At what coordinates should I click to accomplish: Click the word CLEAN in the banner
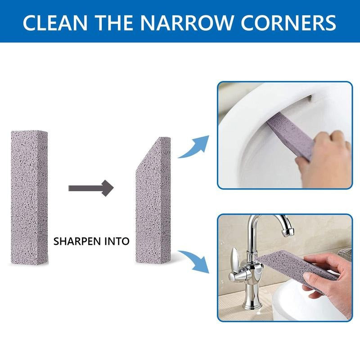(55, 23)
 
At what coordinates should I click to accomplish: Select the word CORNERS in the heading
(289, 23)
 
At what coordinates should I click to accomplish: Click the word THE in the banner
(114, 23)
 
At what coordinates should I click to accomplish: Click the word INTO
(117, 241)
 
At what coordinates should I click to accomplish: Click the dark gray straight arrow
(91, 188)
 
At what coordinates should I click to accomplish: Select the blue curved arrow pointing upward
(194, 147)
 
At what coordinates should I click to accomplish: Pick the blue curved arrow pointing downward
(194, 262)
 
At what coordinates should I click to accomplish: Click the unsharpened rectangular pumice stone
(29, 198)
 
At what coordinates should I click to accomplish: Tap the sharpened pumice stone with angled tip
(153, 200)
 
